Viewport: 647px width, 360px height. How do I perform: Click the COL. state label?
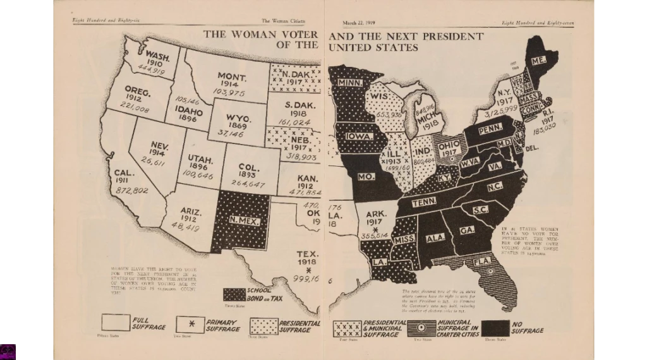246,167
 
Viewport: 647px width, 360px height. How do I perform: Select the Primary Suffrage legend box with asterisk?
190,325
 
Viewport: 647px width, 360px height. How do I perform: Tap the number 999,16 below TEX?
306,278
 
